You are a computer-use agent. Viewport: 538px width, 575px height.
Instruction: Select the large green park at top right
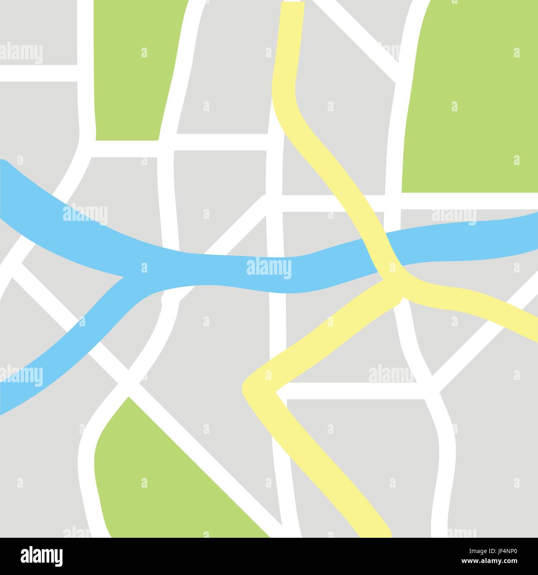pyautogui.click(x=472, y=99)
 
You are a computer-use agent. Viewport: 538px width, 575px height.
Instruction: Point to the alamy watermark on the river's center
pyautogui.click(x=269, y=269)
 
